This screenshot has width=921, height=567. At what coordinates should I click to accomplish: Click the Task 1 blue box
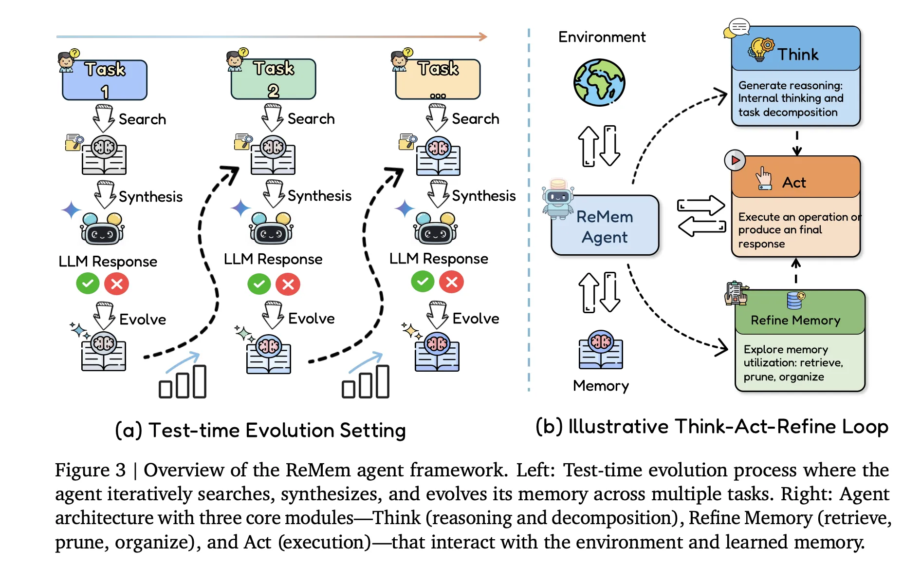[x=105, y=80]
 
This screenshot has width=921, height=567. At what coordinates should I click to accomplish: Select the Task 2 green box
[x=274, y=79]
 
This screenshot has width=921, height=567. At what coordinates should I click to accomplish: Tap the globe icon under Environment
[x=599, y=83]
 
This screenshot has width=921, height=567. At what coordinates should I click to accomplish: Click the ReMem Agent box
[x=605, y=226]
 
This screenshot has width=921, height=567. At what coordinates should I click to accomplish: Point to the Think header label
[x=797, y=54]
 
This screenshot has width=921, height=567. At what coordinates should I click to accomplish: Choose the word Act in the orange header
[x=794, y=183]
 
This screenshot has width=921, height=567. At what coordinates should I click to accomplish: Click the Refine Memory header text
[x=795, y=320]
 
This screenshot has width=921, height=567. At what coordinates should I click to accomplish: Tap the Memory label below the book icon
[x=601, y=386]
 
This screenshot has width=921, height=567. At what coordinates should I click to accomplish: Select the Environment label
[x=602, y=37]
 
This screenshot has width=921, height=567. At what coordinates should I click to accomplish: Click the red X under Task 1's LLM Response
[x=117, y=284]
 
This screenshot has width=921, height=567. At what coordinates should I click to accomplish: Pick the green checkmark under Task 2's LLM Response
[x=259, y=284]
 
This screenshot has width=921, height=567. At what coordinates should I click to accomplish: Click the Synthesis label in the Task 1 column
[x=150, y=197]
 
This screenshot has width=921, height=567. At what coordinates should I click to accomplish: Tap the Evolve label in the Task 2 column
[x=311, y=319]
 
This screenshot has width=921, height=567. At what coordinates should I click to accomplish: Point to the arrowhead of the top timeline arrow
[x=483, y=37]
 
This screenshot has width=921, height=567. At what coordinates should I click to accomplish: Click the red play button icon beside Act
[x=735, y=160]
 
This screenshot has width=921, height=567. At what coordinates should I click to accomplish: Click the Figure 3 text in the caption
[x=90, y=470]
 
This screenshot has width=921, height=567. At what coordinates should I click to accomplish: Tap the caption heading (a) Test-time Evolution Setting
[x=260, y=431]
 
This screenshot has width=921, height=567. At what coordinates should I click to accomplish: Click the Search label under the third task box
[x=475, y=119]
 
